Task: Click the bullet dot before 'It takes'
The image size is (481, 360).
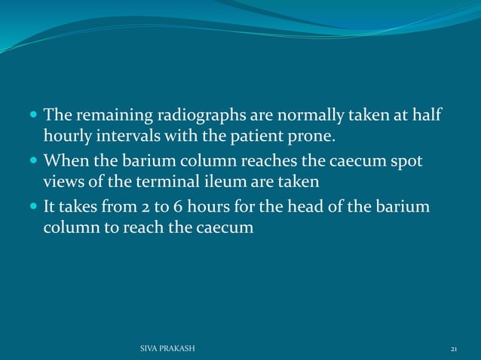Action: [x=35, y=206]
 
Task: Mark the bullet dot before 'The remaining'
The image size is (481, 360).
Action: [x=35, y=117]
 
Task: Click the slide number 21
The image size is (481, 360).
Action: [x=454, y=349]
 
